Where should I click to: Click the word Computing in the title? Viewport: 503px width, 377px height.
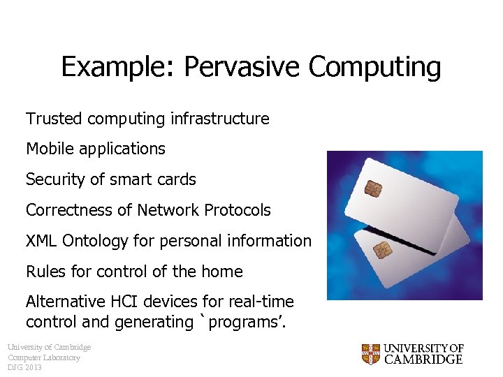click(374, 68)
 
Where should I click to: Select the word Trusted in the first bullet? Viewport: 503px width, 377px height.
click(54, 119)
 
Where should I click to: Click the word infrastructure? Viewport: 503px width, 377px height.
click(219, 119)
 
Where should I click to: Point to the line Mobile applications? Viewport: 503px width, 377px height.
click(96, 149)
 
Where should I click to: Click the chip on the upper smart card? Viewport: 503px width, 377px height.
click(373, 188)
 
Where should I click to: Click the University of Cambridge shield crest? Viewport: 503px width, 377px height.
click(370, 353)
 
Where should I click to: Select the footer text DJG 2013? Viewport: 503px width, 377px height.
click(25, 367)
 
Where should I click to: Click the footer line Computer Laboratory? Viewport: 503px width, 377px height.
click(44, 357)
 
